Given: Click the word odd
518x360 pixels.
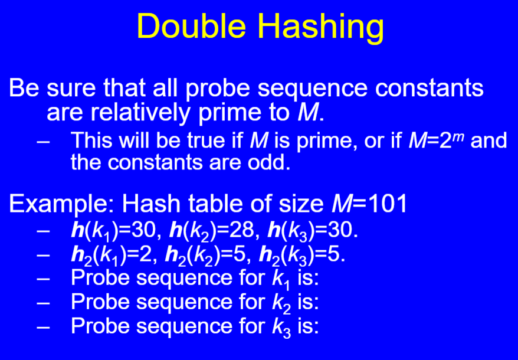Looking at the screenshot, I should (271, 162).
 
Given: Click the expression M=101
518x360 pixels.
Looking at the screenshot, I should (369, 204).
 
